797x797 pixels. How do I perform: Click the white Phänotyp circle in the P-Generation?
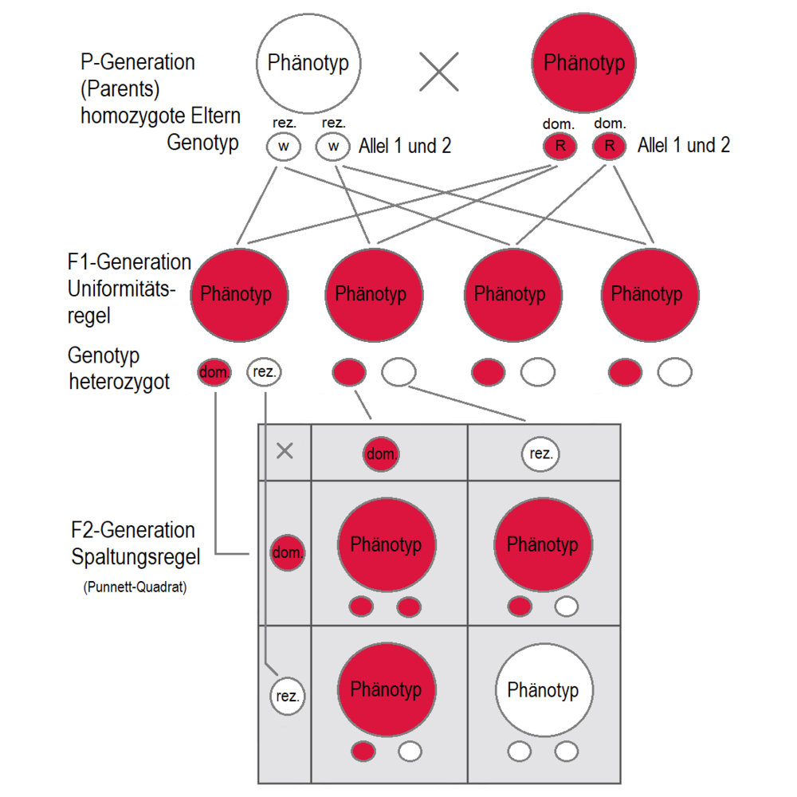308,63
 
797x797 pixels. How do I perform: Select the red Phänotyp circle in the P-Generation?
584,63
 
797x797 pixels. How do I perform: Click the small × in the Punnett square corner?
285,451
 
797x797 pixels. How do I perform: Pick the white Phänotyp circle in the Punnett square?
542,689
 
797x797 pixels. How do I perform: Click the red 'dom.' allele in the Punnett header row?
382,454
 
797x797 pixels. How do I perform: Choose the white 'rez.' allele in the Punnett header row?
541,454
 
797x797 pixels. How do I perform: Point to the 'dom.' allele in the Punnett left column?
288,552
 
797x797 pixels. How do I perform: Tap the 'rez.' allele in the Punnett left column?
288,696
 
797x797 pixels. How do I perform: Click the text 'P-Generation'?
138,62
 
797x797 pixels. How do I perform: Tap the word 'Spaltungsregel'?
135,556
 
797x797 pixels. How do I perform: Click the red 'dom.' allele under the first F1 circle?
214,371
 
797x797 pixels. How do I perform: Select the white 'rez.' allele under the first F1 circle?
265,371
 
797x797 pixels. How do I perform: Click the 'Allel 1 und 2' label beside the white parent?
406,147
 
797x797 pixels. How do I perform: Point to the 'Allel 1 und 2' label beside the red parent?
684,146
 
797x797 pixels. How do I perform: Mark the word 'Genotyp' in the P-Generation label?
202,143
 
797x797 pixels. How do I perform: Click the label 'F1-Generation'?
130,262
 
